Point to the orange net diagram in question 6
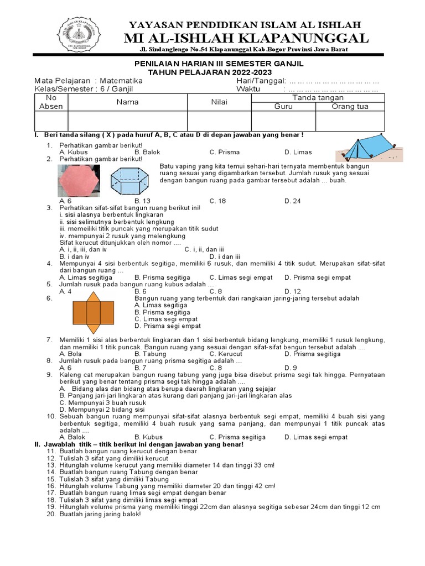[94, 312]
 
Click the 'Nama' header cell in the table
[127, 102]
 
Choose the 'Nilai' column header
[219, 102]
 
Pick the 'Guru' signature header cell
[283, 107]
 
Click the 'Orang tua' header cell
[350, 107]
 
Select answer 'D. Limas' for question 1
[298, 152]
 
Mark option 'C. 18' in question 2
[217, 201]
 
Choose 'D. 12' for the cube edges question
[293, 291]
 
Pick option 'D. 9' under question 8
[291, 368]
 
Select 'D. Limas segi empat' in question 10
[316, 437]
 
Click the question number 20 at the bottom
[51, 513]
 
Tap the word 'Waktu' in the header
[248, 89]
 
